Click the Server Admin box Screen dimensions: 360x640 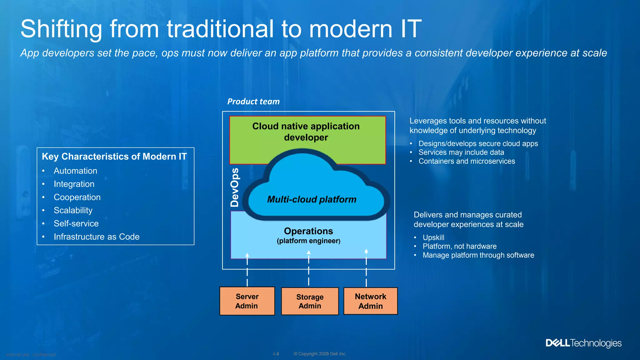247,301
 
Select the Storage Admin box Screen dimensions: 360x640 310,301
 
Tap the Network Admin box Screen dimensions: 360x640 370,301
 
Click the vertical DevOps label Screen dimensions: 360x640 235,187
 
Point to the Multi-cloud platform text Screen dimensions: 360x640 312,199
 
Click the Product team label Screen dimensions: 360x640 253,102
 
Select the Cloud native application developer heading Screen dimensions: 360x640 306,132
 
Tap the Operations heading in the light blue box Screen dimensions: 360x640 308,231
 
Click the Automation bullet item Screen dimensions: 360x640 75,171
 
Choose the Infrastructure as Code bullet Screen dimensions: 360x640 97,237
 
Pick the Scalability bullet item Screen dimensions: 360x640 73,210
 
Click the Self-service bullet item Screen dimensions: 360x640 76,223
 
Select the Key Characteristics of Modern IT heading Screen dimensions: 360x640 114,157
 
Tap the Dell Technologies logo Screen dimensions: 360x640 583,343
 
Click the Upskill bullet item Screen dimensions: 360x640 433,237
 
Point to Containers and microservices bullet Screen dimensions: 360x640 467,161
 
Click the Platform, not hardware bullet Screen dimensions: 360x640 459,246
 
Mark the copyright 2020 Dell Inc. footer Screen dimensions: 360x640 320,354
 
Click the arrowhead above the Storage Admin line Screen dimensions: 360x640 309,252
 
